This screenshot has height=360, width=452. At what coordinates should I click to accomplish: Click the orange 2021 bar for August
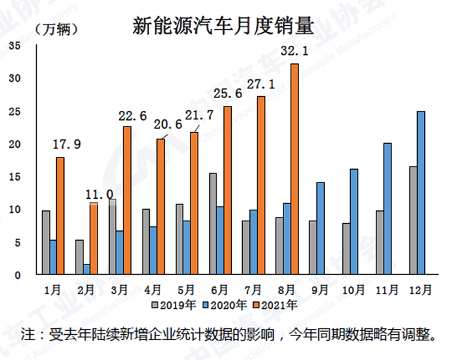[x=294, y=169]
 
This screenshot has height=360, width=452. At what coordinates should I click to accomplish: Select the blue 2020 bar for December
[x=421, y=193]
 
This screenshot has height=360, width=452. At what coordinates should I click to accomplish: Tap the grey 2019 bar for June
[x=212, y=224]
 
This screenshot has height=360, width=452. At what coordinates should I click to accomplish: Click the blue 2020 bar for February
[x=86, y=269]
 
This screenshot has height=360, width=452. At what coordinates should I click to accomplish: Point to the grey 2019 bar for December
[x=413, y=220]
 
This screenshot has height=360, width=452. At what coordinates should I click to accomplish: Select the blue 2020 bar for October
[x=354, y=221]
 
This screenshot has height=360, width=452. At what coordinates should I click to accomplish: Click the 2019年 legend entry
[x=171, y=303]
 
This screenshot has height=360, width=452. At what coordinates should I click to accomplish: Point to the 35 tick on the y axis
[x=16, y=45]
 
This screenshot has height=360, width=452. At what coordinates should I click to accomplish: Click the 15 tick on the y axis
[x=16, y=177]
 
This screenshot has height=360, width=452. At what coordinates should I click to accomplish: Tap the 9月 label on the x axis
[x=321, y=288]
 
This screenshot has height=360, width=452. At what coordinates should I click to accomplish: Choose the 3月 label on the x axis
[x=119, y=288]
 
